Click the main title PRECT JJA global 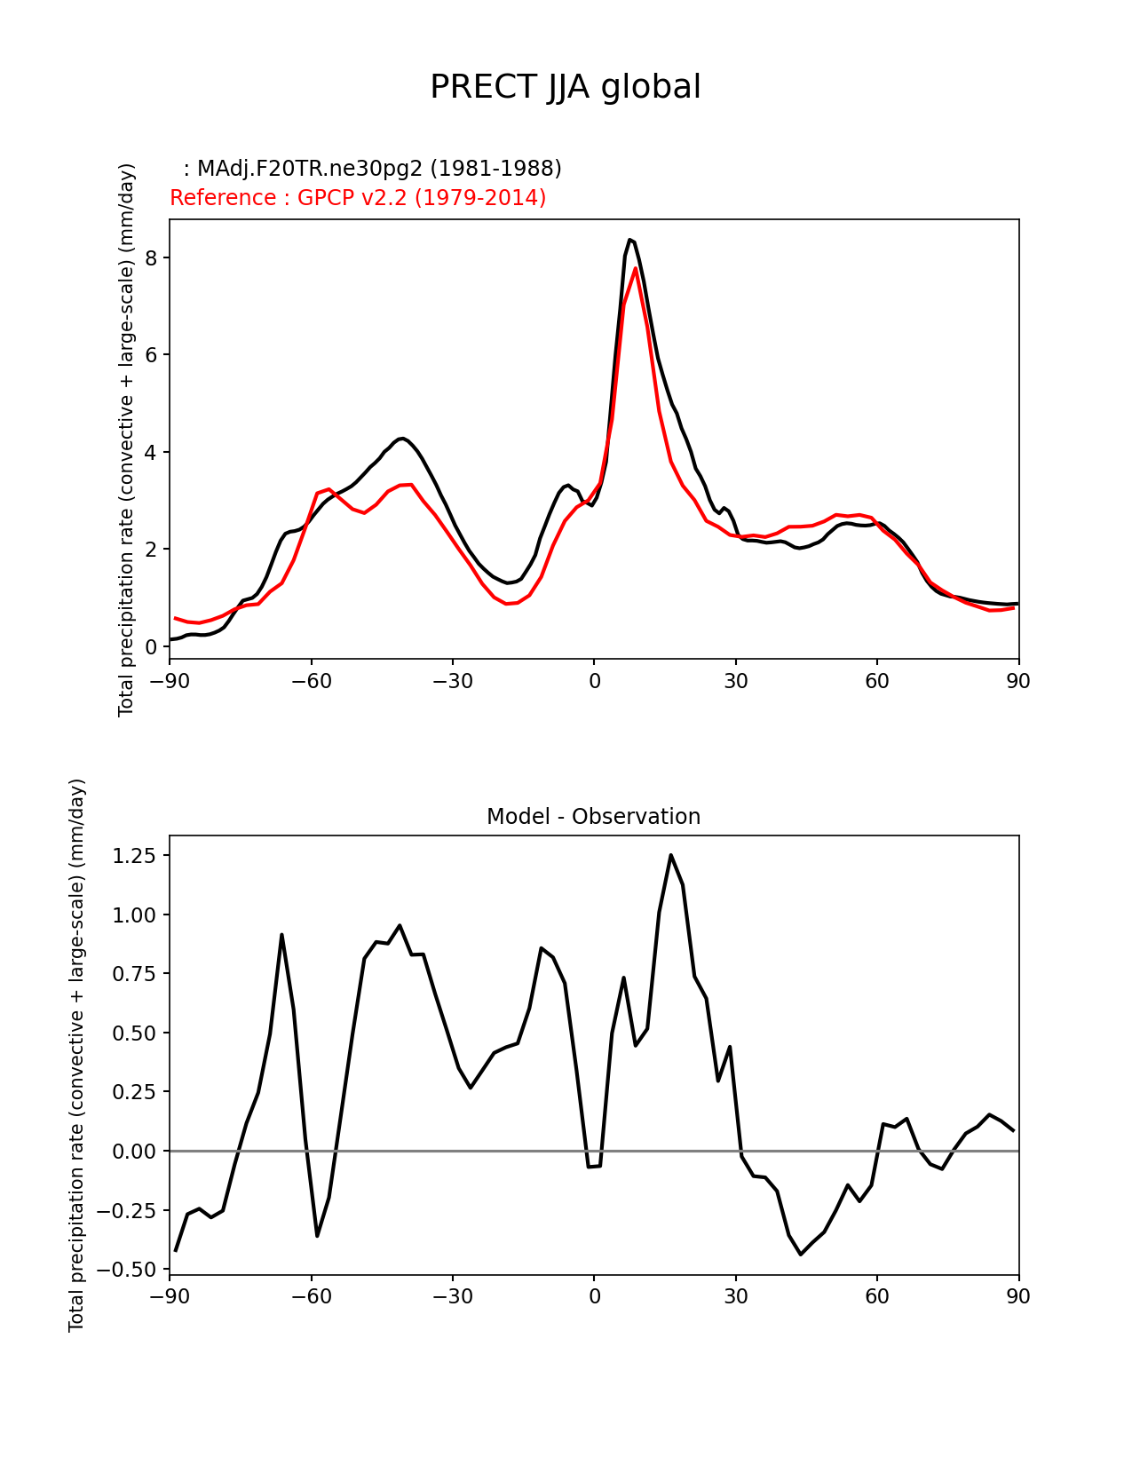pos(566,87)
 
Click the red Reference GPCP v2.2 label pos(358,198)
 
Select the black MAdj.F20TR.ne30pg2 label pos(372,169)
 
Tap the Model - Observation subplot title pos(593,817)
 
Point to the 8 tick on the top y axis pos(152,258)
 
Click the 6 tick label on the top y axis pos(152,355)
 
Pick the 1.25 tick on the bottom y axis pos(134,856)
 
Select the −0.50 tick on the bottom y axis pos(130,1270)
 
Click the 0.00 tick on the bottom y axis pos(134,1152)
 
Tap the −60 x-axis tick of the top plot pos(312,681)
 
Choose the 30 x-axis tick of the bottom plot pos(736,1296)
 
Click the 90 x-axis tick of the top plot pos(1018,681)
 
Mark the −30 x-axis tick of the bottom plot pos(453,1296)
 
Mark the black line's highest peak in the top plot pos(629,240)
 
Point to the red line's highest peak pos(636,268)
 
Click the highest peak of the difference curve pos(670,855)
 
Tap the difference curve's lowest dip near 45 pos(800,1255)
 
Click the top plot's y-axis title pos(127,439)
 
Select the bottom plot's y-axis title pos(77,1055)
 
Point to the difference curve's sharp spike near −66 pos(281,935)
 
